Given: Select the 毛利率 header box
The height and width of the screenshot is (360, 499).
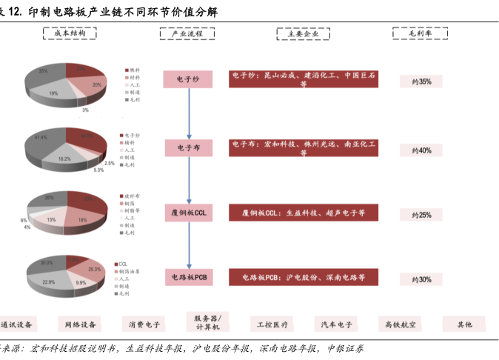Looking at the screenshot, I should [420, 34].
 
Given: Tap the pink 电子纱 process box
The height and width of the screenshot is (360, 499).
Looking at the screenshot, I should [189, 79].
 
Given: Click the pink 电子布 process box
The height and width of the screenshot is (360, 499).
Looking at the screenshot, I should [189, 149].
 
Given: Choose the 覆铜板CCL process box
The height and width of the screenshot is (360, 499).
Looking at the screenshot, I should [189, 213].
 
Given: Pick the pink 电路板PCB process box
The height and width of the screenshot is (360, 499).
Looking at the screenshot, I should [189, 278].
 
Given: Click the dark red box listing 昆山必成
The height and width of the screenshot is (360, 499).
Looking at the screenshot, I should [304, 79].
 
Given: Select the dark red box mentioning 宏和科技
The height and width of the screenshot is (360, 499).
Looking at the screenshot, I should [304, 148].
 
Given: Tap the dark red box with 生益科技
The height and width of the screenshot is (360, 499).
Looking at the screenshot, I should [304, 213].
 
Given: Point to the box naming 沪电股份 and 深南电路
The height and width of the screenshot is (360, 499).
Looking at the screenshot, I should [304, 278].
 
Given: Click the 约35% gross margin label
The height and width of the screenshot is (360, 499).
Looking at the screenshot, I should [421, 81].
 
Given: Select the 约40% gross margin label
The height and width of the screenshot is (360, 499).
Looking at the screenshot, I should [421, 150].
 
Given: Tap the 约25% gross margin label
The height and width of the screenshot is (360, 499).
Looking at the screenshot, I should [421, 215].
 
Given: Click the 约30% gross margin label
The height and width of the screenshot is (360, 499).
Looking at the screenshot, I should [421, 279].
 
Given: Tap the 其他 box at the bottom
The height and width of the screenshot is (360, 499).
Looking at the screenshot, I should [464, 324].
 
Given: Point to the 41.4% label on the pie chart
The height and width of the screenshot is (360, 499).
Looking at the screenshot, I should [41, 138].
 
